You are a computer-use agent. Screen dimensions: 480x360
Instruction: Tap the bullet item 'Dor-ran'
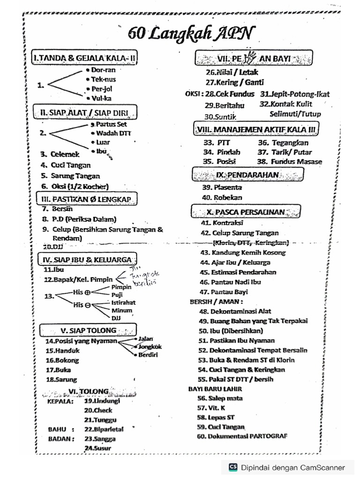click(100, 70)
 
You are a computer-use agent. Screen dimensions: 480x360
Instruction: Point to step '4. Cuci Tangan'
click(66, 165)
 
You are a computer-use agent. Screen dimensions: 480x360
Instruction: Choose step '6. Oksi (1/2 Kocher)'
click(75, 186)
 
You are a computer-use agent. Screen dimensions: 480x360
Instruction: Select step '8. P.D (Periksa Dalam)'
click(79, 219)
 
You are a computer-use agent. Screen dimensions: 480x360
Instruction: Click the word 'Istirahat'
click(123, 302)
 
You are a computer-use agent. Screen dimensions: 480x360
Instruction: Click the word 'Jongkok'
click(150, 347)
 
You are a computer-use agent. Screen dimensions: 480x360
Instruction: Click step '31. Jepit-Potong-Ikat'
click(294, 94)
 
